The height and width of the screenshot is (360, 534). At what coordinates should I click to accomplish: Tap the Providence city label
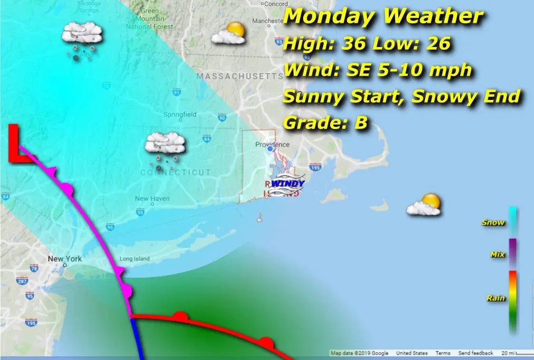[272, 144]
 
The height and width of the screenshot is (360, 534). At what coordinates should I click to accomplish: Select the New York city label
[65, 259]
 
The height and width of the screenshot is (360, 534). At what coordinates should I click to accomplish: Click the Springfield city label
[180, 114]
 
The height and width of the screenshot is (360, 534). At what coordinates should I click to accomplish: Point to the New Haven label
[152, 199]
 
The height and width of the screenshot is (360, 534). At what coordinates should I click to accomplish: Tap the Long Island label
[135, 259]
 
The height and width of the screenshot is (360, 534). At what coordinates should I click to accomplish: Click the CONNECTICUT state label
[176, 173]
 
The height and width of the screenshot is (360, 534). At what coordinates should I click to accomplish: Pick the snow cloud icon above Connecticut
[165, 144]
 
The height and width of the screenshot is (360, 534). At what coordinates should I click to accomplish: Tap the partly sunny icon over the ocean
[424, 205]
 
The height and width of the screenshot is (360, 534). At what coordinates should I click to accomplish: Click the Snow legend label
[493, 223]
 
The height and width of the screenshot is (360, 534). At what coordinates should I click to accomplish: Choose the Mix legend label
[498, 255]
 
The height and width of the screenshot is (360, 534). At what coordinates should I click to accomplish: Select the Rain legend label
[495, 299]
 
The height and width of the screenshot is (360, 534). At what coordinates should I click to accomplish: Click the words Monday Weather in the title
[383, 17]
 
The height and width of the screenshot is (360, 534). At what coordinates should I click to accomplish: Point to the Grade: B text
[325, 124]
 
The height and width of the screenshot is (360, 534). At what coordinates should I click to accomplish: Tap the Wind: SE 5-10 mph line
[377, 70]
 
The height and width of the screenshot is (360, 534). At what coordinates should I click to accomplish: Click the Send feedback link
[475, 353]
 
